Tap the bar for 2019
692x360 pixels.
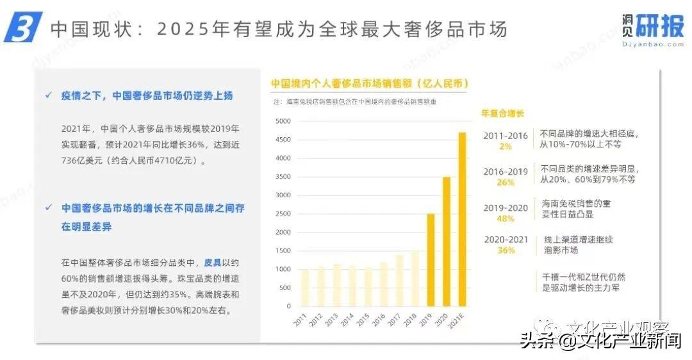[x=431, y=259]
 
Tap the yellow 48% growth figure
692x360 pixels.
[x=506, y=218]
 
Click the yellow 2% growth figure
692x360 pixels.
[x=506, y=146]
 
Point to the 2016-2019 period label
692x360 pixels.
[x=506, y=172]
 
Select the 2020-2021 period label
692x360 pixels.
[x=506, y=240]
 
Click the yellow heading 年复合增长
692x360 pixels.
[x=502, y=113]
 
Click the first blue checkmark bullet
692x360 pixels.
[x=48, y=95]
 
